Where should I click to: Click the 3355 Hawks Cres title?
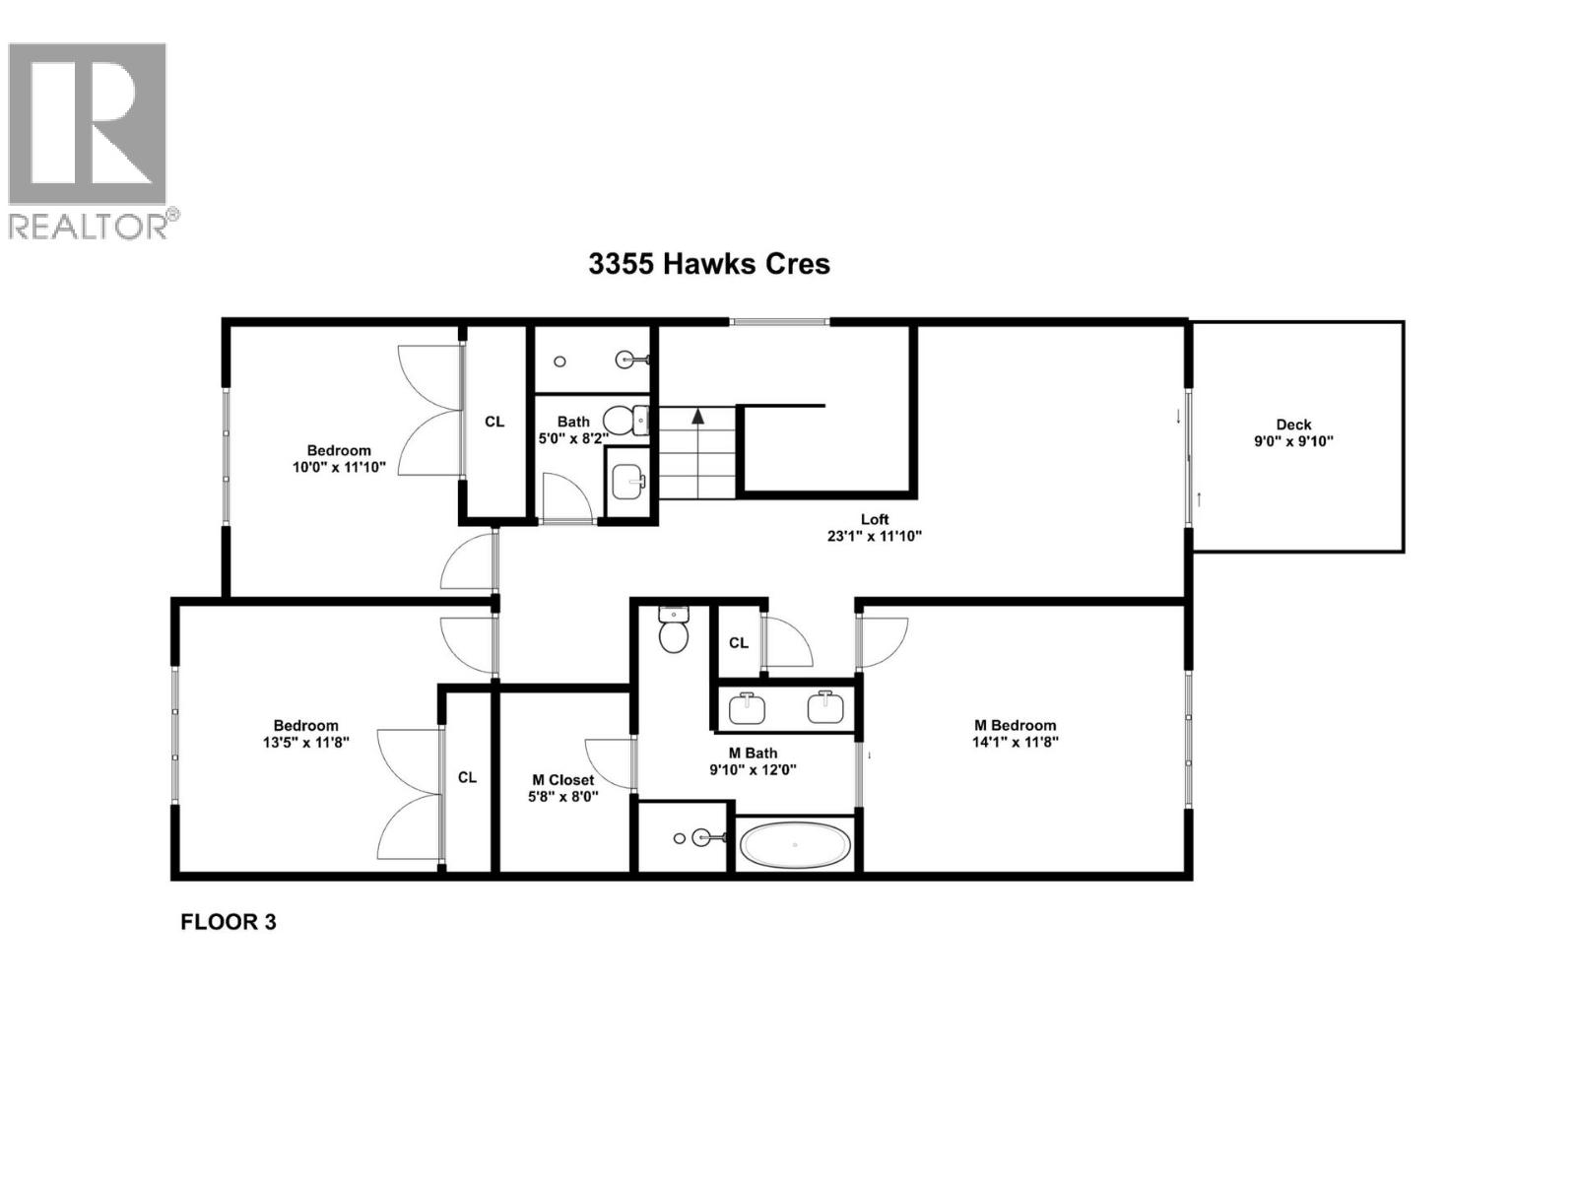click(x=709, y=264)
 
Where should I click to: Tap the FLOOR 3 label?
click(x=229, y=922)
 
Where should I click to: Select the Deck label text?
click(x=1293, y=425)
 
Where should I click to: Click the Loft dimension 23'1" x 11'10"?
click(x=875, y=537)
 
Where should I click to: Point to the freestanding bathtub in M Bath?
click(x=796, y=845)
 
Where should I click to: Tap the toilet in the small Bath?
click(x=624, y=420)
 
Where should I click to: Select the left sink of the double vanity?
click(x=749, y=706)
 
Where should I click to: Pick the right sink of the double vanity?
click(x=824, y=706)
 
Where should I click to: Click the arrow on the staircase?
click(x=698, y=417)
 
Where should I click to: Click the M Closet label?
click(x=563, y=779)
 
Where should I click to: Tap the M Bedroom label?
click(x=1015, y=725)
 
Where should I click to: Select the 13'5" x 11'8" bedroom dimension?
click(x=306, y=743)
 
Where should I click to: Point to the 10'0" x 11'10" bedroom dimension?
click(x=339, y=468)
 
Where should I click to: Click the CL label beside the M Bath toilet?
click(x=739, y=642)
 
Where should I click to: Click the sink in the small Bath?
click(x=628, y=483)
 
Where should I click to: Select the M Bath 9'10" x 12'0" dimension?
click(x=753, y=769)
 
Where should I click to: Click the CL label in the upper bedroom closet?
click(x=494, y=422)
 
